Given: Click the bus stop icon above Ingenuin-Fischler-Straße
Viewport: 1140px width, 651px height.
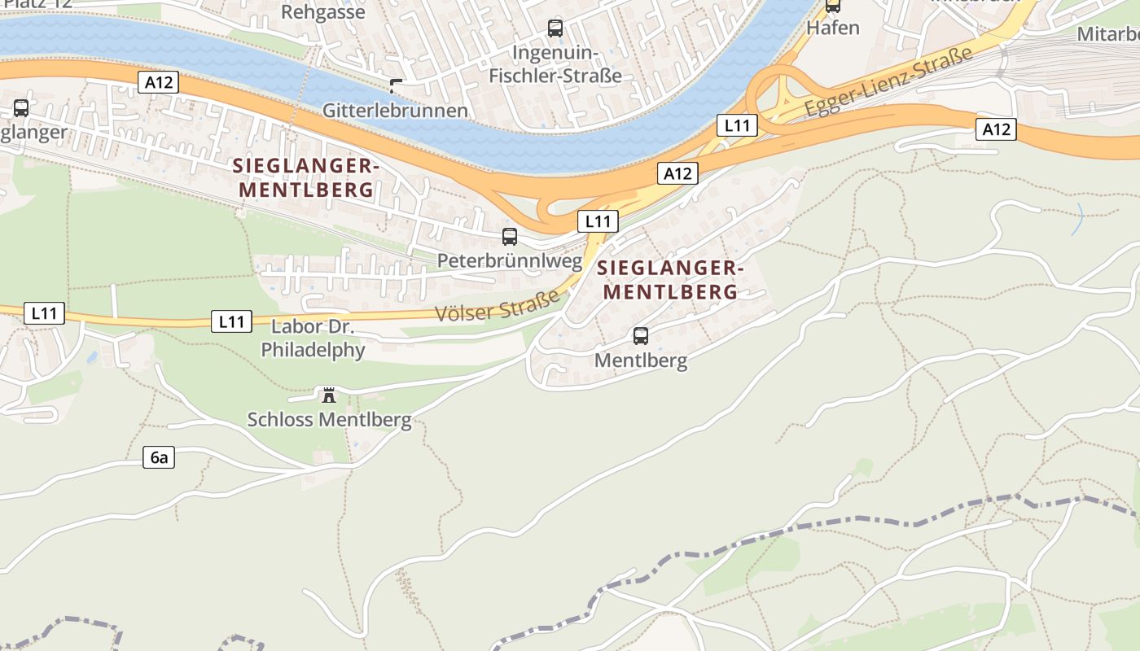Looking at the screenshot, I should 555,28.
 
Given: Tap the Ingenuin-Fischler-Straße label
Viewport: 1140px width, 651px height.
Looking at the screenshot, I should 566,64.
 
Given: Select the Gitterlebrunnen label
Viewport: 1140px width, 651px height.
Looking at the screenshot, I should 395,111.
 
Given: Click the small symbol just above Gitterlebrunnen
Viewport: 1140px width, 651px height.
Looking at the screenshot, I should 396,85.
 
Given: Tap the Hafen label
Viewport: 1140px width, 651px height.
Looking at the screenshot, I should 832,28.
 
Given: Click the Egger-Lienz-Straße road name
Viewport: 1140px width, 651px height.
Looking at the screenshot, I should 888,82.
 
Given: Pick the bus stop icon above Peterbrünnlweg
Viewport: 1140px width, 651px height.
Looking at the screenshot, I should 510,237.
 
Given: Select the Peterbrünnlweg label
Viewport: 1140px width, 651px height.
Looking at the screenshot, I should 510,261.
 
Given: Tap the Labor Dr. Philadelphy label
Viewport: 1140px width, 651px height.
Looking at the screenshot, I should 313,339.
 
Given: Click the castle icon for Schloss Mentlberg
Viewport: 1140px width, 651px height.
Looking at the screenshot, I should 329,395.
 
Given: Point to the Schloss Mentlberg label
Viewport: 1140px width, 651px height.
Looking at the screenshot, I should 329,420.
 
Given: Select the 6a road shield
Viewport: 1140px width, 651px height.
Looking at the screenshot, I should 159,457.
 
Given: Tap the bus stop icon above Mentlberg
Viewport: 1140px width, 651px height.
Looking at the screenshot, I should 641,335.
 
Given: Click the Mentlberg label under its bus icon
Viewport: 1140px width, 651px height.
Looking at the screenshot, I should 641,360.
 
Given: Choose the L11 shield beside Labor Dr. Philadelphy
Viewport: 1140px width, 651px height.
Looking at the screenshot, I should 231,321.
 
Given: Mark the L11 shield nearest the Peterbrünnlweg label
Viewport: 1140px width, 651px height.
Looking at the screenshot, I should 598,221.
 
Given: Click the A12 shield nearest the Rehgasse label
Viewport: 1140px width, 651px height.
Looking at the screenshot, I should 158,81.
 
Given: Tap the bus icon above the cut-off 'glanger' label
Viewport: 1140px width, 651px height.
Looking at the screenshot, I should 21,107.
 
